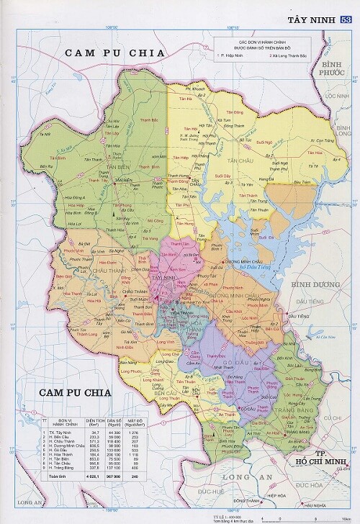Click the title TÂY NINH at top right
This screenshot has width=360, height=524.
tap(310, 19)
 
